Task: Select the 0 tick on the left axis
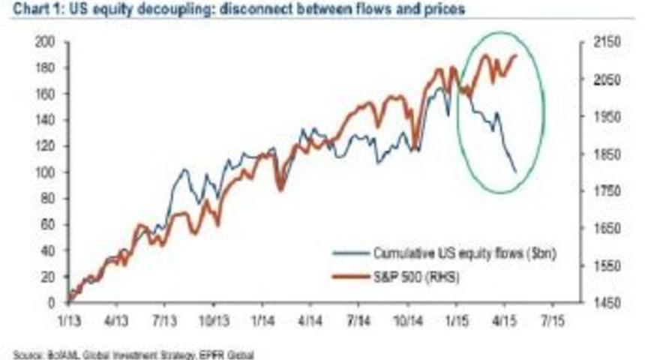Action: tap(50, 303)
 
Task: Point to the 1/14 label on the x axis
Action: tap(261, 317)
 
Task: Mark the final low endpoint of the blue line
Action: tap(516, 172)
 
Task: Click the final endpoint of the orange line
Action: tap(516, 55)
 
